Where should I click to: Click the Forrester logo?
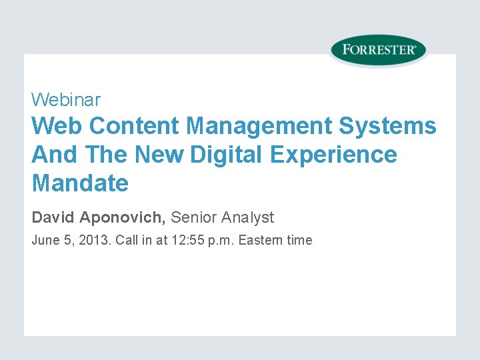coord(378,50)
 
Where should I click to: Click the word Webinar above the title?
coord(66,100)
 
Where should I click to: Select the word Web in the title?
coord(57,125)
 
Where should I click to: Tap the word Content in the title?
coord(134,125)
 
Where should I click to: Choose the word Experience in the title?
coord(334,155)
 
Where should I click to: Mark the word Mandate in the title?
coord(80,183)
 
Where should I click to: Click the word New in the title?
coord(159,155)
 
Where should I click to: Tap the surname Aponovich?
coord(121,217)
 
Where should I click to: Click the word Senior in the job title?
coord(194,217)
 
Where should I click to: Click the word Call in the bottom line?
coord(127,241)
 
